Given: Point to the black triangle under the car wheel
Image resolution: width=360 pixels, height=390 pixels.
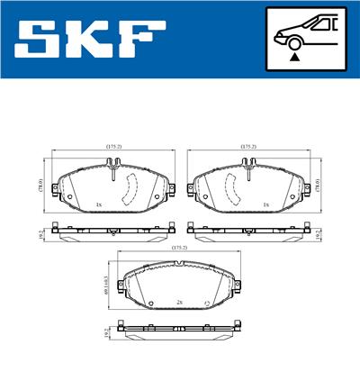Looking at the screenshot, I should pos(294,57).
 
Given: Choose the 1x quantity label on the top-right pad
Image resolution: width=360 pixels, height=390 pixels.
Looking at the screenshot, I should pos(265,204).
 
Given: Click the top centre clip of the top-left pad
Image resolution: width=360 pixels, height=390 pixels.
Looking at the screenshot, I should pos(114,165).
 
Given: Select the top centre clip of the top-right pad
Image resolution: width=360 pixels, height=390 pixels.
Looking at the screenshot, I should pos(246,165).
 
